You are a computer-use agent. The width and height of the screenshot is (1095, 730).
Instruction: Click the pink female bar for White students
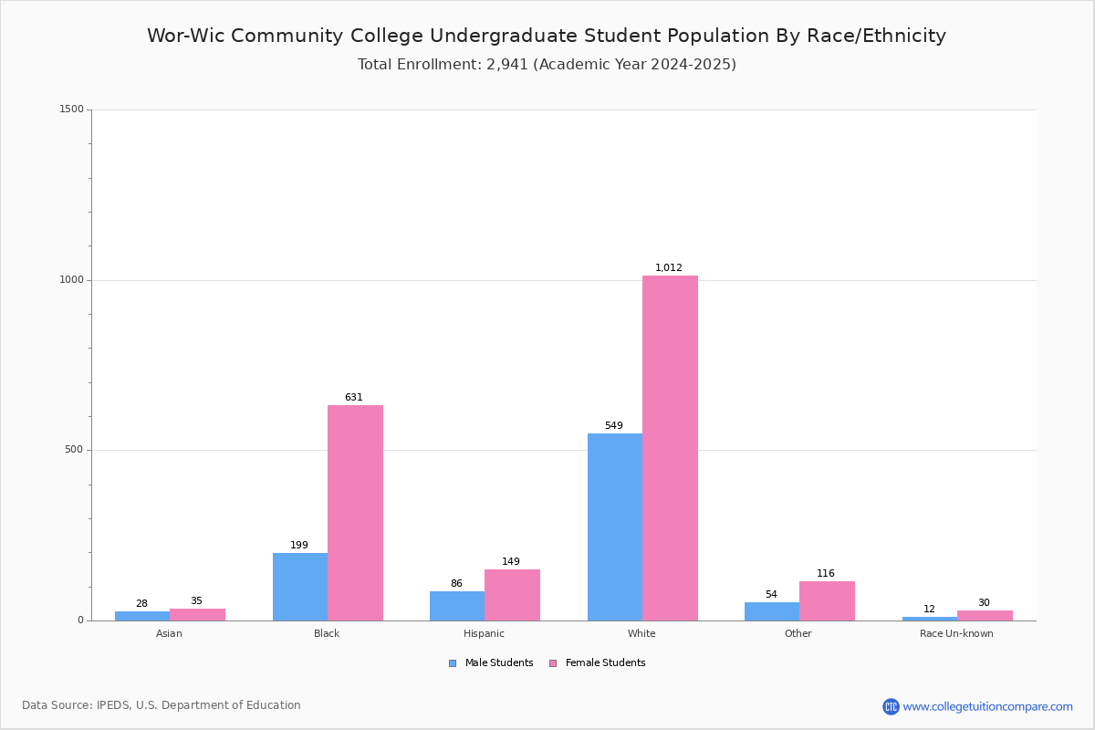click(x=670, y=448)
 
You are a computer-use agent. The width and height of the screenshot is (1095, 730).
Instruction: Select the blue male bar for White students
click(x=615, y=527)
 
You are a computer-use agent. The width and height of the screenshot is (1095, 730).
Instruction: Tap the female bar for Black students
click(x=355, y=513)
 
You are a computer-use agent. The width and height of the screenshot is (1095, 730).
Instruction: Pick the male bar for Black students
click(x=300, y=587)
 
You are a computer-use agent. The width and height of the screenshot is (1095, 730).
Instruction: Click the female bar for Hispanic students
click(x=512, y=595)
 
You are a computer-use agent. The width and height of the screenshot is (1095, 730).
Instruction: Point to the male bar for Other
click(x=772, y=611)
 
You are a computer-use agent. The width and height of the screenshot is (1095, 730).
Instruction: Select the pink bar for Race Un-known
click(x=985, y=616)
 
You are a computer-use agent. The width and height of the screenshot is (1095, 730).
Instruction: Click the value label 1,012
click(x=668, y=267)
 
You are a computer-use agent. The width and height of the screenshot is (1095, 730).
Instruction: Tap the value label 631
click(x=354, y=397)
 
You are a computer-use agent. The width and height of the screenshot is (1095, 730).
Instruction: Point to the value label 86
click(x=456, y=583)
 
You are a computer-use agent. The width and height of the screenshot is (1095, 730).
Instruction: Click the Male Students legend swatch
click(x=453, y=663)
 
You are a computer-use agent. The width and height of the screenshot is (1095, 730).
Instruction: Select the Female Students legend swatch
click(x=553, y=663)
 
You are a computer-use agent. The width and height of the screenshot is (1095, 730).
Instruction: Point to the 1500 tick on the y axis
click(x=72, y=109)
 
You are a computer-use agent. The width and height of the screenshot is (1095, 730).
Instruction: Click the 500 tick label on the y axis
click(x=74, y=449)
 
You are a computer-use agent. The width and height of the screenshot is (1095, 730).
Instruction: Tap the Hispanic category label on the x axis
click(x=484, y=633)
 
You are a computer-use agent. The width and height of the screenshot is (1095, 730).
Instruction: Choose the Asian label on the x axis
click(x=169, y=633)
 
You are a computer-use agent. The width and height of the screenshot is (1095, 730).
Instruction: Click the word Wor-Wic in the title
click(x=186, y=36)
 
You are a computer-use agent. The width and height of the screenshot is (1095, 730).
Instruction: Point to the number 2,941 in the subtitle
click(x=507, y=65)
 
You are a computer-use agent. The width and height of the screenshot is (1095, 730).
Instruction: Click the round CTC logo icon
click(x=891, y=706)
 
